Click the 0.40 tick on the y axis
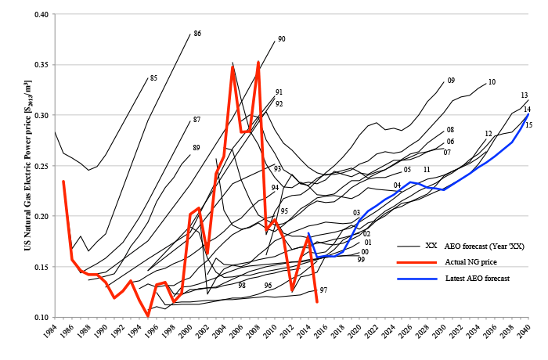(x=39, y=14)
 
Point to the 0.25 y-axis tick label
(x=39, y=166)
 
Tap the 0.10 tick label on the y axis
(x=39, y=317)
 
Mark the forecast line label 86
(x=197, y=34)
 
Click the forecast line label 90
(x=281, y=39)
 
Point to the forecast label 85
(x=153, y=78)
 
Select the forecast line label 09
(x=451, y=81)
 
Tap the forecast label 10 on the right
(x=492, y=82)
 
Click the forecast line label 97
(x=323, y=290)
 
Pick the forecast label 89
(x=196, y=147)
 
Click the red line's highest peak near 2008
(x=258, y=62)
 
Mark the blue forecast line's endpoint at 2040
(x=529, y=115)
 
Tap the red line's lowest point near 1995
(x=148, y=316)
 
